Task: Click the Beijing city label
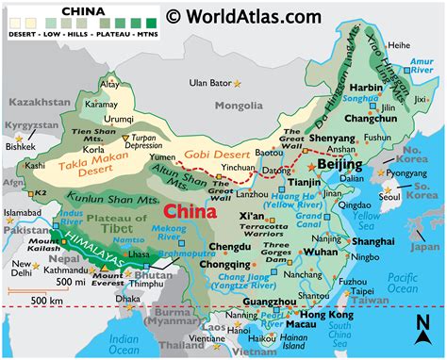point(342,165)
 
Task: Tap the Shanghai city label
point(371,241)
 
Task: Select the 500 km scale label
point(30,300)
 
